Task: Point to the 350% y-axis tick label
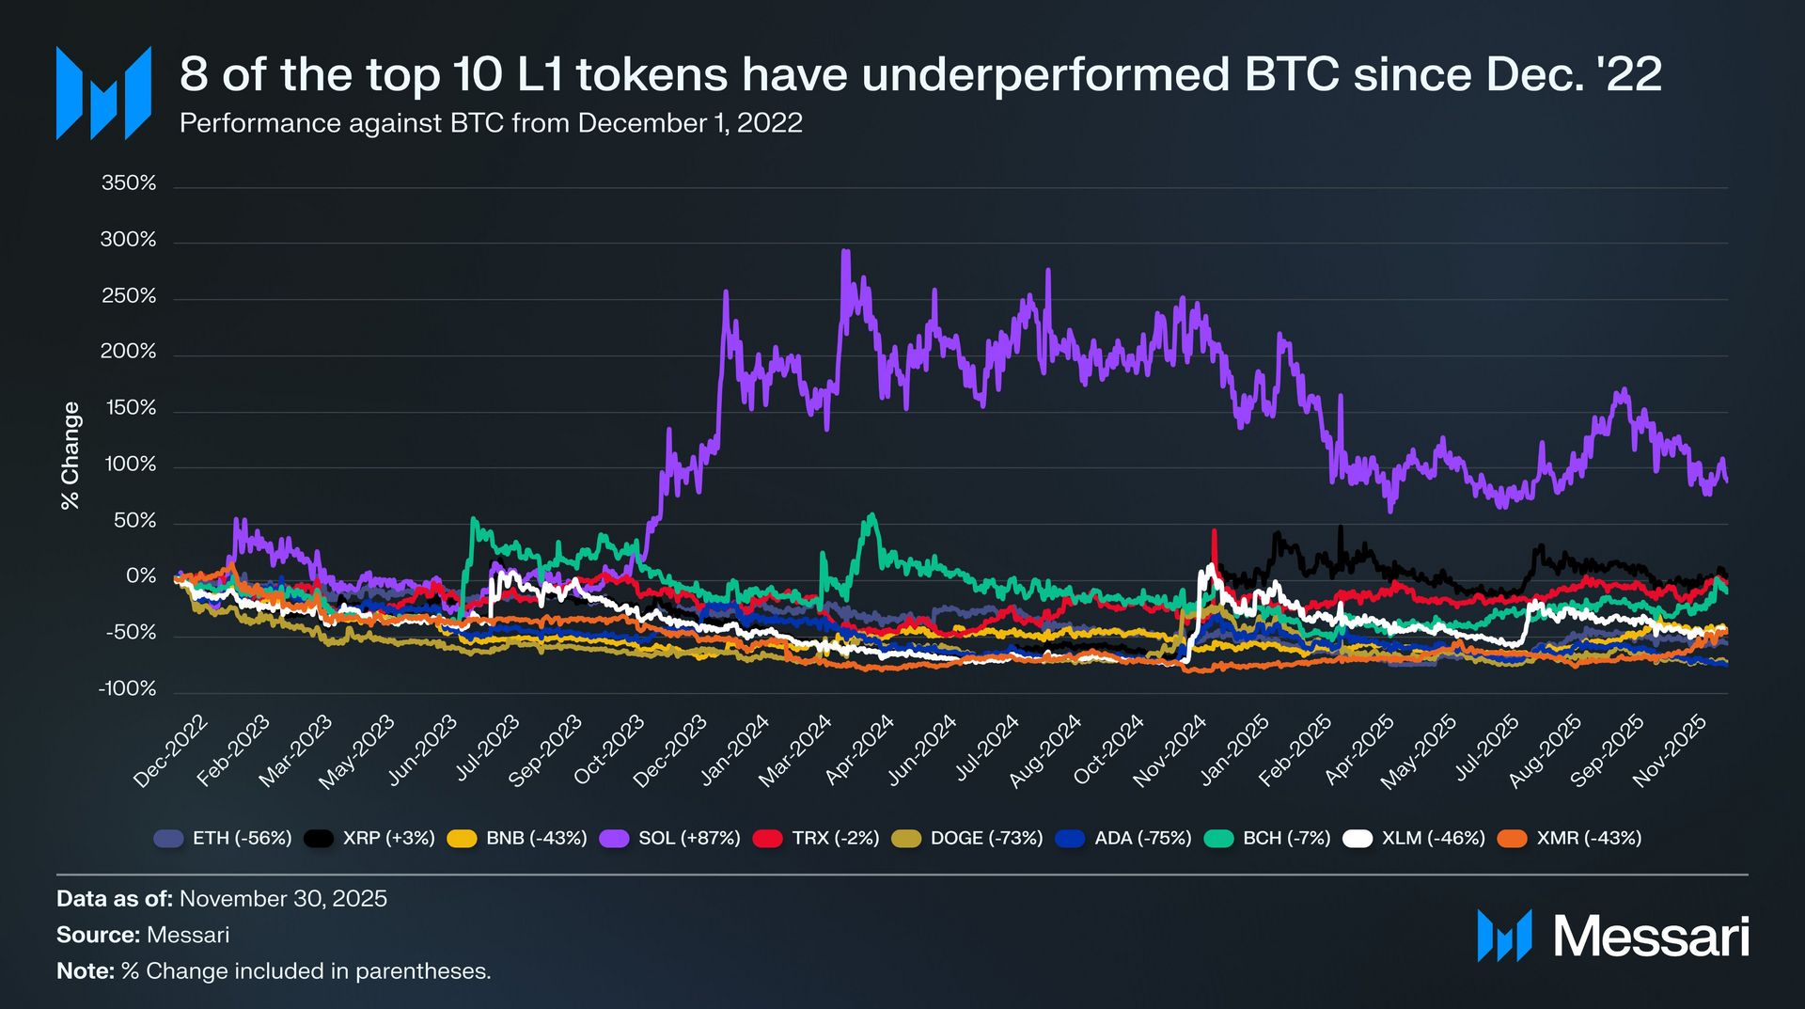(129, 183)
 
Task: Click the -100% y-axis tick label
(127, 688)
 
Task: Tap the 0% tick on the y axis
(141, 575)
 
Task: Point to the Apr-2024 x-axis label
(859, 751)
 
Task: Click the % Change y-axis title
(71, 456)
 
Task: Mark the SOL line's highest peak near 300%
(845, 251)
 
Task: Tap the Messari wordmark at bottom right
(1651, 937)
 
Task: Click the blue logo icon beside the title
(103, 92)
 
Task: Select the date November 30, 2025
(283, 899)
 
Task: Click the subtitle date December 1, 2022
(690, 123)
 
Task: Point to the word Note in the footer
(85, 971)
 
